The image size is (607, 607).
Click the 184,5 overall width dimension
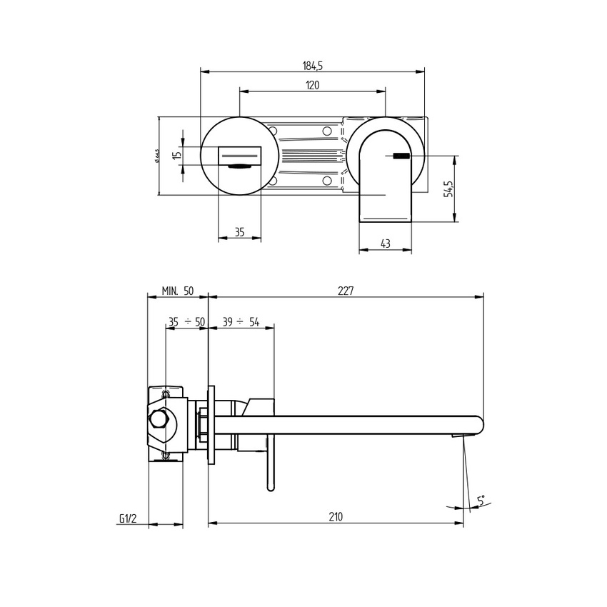[x=313, y=66]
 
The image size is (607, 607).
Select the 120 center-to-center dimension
[x=312, y=86]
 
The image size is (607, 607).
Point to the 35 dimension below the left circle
[x=239, y=232]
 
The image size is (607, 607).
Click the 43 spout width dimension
[x=385, y=244]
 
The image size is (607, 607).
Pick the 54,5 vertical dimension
[x=448, y=189]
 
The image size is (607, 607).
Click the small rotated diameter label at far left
[x=156, y=155]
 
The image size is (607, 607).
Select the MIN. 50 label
[x=177, y=291]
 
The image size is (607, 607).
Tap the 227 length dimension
[x=345, y=291]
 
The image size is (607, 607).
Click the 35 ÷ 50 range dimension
[x=186, y=322]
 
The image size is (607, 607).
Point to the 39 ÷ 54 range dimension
[x=240, y=322]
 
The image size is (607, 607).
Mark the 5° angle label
[x=481, y=501]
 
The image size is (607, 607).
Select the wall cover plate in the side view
[x=211, y=424]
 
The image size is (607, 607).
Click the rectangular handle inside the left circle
[x=239, y=154]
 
